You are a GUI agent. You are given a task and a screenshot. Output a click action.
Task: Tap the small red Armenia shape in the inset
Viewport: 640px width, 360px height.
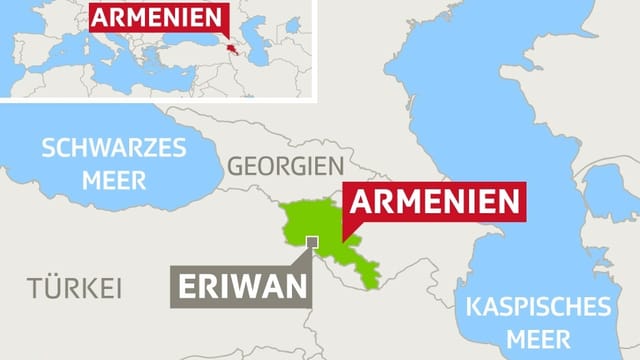[231, 49]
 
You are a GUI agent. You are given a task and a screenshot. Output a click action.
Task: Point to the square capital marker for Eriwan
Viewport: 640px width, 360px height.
[312, 241]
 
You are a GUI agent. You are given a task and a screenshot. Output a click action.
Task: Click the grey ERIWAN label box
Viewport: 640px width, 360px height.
[241, 286]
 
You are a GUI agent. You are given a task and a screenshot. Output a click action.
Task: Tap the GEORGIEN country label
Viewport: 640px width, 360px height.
[285, 166]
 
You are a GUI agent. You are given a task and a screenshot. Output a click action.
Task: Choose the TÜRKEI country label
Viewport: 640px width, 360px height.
[74, 289]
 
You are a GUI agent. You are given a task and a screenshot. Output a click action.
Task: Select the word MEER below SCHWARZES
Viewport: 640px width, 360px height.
[113, 181]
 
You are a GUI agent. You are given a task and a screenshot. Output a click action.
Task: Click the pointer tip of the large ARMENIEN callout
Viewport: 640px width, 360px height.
[343, 243]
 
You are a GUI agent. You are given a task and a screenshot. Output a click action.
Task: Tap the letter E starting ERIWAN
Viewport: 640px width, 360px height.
[187, 286]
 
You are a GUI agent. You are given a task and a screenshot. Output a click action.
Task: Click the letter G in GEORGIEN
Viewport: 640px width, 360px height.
[236, 166]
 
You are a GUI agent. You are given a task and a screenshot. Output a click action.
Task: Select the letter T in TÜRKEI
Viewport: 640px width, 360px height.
[33, 289]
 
